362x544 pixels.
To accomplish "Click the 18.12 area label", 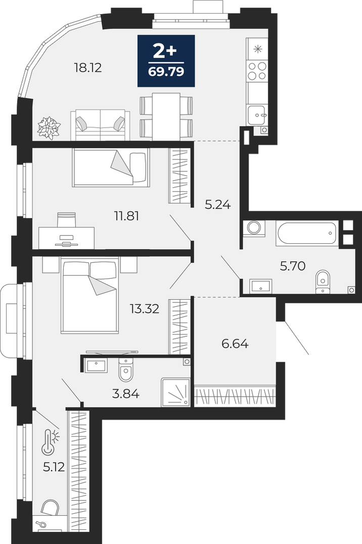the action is click(88, 68).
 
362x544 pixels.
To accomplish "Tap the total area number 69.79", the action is click(166, 72).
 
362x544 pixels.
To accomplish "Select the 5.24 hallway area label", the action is click(218, 205).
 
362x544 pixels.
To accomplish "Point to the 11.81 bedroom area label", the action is click(127, 216).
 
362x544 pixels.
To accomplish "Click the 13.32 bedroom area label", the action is click(145, 308).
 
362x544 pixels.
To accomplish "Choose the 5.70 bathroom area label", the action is click(293, 266).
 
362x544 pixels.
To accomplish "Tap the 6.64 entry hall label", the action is click(235, 344).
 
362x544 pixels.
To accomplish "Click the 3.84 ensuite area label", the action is click(126, 394).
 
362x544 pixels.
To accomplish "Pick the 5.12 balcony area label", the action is click(54, 467).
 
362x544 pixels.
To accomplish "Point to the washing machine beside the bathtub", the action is click(254, 228).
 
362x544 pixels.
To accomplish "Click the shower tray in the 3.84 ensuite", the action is click(175, 392).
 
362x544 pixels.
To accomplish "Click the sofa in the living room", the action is click(100, 125).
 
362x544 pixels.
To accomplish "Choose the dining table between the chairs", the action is click(166, 117).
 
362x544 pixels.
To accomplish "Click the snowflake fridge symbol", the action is click(258, 49).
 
